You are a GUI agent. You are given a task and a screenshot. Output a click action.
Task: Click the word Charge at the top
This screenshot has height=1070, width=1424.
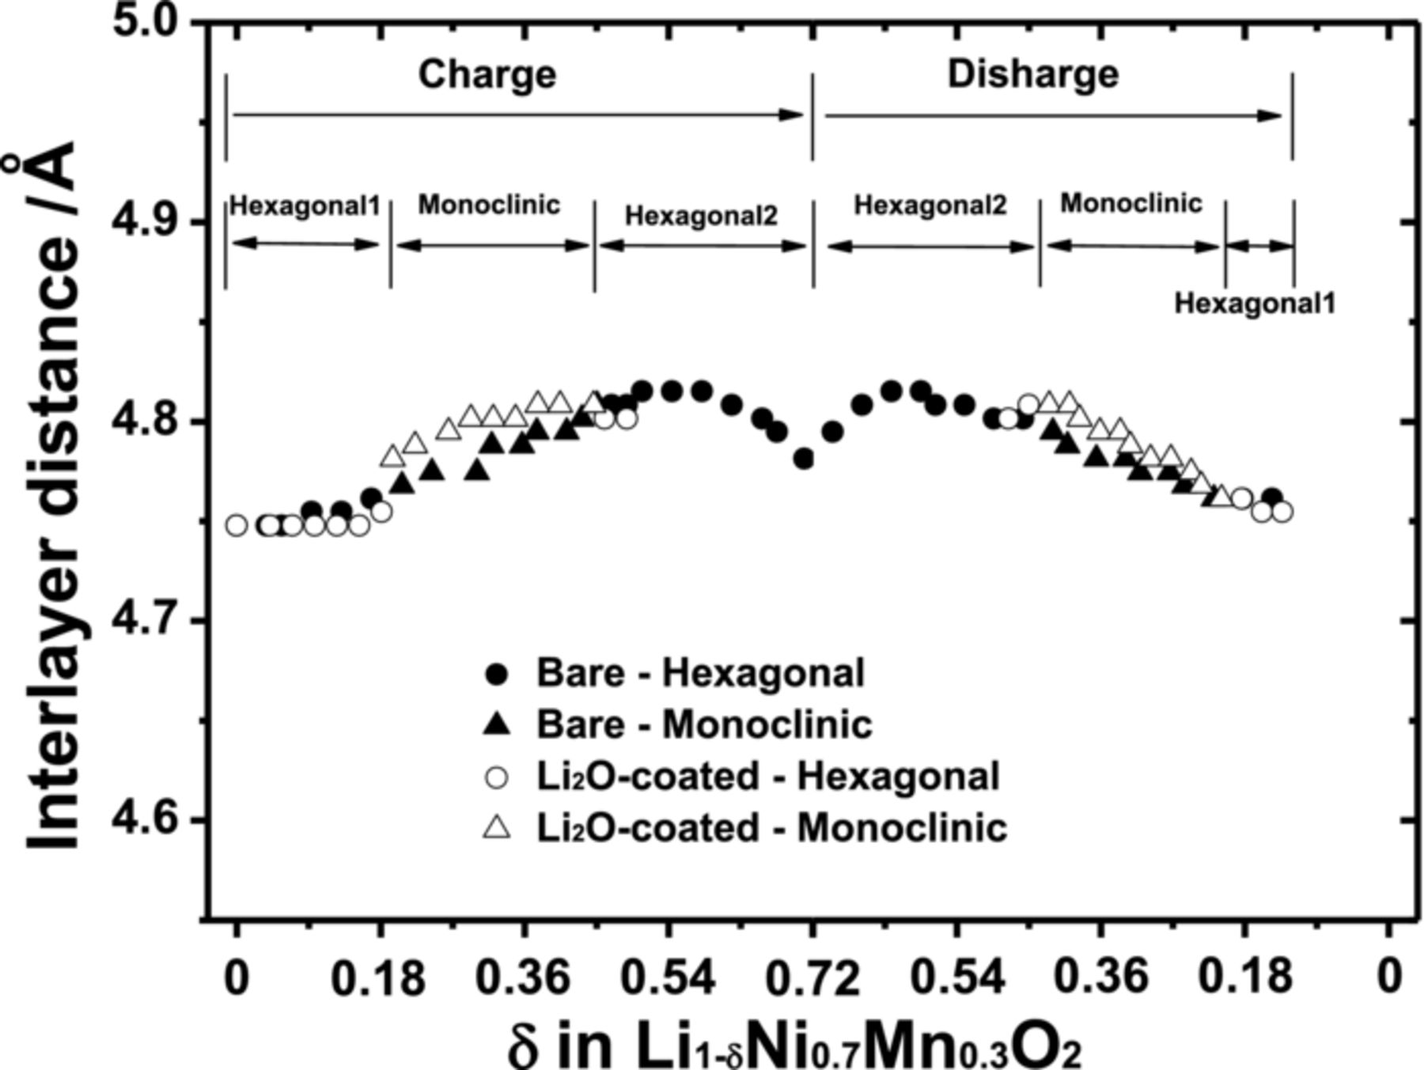tap(487, 75)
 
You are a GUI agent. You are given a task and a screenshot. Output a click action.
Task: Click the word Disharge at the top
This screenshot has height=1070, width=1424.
tap(1033, 74)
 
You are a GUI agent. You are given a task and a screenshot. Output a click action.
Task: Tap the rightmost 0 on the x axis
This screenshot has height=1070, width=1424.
tap(1388, 977)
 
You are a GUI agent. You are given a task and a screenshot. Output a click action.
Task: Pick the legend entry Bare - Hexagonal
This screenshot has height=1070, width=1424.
tap(700, 673)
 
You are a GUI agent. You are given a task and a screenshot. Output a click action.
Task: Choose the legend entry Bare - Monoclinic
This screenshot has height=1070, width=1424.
tap(704, 724)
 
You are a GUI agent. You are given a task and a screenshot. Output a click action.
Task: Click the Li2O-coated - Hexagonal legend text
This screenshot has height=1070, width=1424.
tap(767, 776)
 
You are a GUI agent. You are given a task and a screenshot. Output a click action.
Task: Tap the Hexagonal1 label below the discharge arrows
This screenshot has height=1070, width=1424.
tap(1255, 303)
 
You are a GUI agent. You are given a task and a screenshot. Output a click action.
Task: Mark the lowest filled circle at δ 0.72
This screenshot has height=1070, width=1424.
tap(805, 459)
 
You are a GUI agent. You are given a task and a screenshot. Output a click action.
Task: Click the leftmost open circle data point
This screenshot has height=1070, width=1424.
tap(237, 525)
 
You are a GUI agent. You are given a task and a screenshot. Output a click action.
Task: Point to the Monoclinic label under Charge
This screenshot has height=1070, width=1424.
tap(489, 205)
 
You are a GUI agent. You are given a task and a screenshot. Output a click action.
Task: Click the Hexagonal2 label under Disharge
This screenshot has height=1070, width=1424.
tap(930, 206)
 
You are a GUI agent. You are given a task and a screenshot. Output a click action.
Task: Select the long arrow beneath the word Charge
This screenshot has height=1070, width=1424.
tap(518, 115)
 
